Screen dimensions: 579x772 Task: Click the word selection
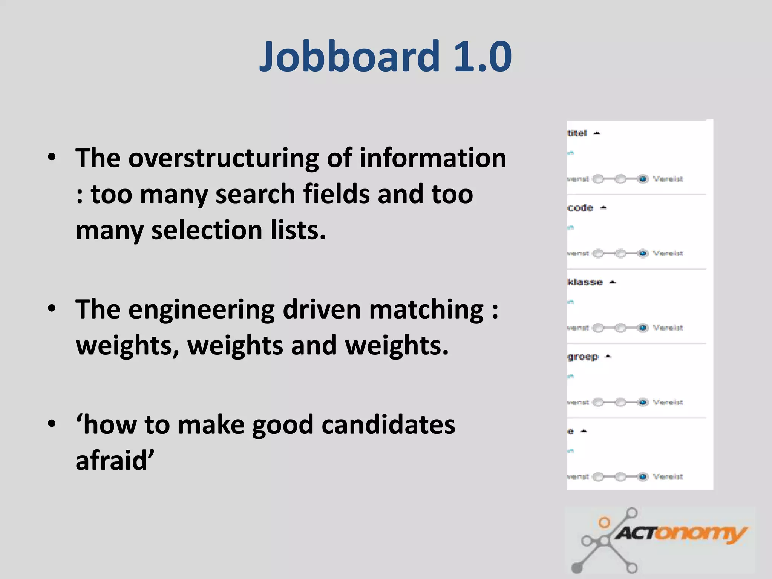click(x=207, y=231)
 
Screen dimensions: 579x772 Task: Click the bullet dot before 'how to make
click(x=52, y=424)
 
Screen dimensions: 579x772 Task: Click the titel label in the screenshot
click(x=577, y=133)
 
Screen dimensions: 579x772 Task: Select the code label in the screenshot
click(x=581, y=208)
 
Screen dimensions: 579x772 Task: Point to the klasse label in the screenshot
click(x=585, y=282)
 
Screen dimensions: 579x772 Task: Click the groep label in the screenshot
click(x=583, y=357)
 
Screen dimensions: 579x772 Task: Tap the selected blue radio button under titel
click(x=643, y=179)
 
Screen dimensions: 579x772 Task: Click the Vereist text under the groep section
click(x=668, y=403)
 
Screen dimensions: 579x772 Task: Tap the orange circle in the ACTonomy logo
click(x=604, y=522)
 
